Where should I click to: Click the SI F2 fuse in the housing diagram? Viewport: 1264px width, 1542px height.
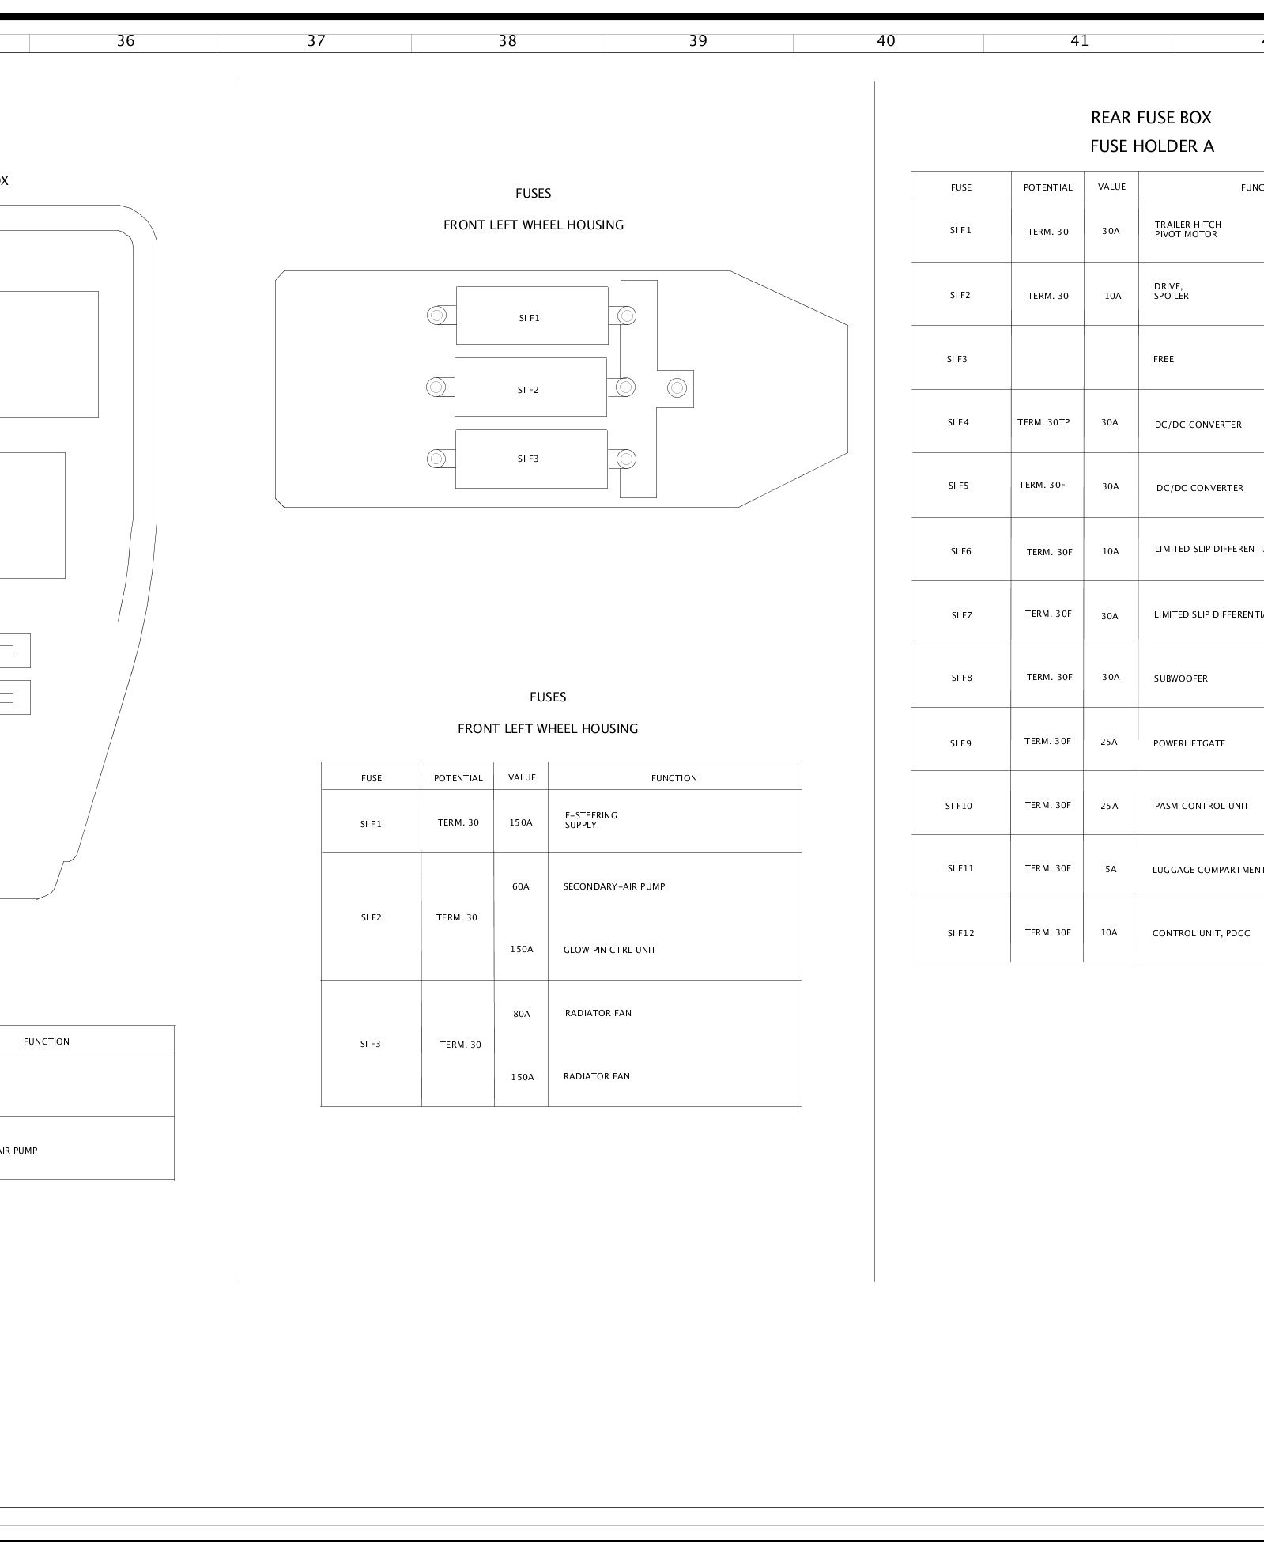point(530,387)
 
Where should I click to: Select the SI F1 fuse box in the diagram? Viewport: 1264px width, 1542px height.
point(531,316)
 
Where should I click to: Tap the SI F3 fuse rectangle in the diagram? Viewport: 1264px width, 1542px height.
point(530,459)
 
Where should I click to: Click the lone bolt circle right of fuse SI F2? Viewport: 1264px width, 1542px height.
point(677,387)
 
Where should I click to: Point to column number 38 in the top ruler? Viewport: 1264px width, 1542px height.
point(507,41)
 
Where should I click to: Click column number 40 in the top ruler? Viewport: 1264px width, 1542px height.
point(886,41)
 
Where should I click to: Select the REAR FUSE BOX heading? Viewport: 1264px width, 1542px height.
point(1150,118)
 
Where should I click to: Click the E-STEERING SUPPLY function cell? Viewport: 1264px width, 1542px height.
point(591,820)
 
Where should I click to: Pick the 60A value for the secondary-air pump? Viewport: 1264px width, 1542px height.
point(520,886)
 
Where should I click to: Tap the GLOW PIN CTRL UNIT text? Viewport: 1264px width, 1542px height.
point(609,950)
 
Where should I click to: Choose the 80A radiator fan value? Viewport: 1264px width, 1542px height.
point(522,1014)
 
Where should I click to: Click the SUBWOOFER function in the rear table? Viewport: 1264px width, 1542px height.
point(1180,678)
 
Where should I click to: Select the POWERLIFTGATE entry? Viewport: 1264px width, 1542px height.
point(1189,743)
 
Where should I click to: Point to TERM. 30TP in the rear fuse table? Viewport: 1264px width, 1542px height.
point(1043,422)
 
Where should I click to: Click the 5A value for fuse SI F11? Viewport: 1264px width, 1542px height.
point(1111,869)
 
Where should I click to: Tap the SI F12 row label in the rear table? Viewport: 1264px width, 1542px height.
point(960,933)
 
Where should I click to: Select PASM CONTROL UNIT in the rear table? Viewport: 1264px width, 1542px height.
point(1202,806)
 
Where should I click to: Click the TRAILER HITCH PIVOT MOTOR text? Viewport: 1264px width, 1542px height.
point(1187,229)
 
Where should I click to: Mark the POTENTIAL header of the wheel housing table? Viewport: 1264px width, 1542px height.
point(458,778)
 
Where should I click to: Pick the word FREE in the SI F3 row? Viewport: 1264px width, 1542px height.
point(1164,359)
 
